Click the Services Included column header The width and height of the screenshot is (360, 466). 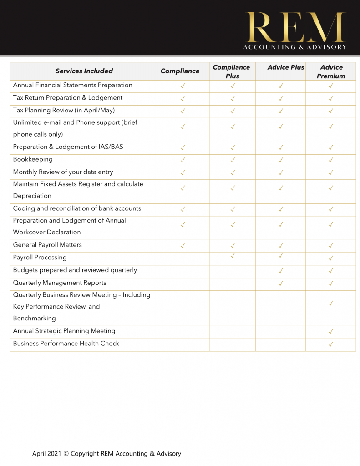pos(84,71)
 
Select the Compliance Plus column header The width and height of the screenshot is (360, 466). pos(232,71)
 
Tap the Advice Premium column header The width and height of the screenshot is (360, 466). pos(331,71)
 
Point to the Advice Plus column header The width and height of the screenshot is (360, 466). pos(286,67)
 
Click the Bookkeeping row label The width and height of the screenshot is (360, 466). pos(33,159)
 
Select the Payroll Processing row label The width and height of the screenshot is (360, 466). pos(40,258)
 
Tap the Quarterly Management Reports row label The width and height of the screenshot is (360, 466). pos(60,283)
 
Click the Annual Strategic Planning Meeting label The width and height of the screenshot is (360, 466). pos(64,331)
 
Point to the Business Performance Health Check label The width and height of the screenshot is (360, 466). pos(66,344)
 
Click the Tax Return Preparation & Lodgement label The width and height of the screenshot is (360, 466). pos(68,98)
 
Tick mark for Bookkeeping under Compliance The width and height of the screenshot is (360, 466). pos(183,160)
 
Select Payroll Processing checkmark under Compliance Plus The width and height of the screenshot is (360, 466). pos(233,255)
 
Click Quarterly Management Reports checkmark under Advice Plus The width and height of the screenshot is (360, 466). pos(281,284)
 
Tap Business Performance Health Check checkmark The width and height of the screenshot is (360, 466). pos(331,344)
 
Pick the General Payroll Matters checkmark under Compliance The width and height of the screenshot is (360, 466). pos(183,246)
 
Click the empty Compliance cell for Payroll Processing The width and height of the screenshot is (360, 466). pos(183,258)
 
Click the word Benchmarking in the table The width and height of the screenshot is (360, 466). pos(35,319)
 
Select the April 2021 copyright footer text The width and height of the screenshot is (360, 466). pos(106,454)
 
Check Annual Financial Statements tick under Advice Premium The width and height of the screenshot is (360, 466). pos(331,86)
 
